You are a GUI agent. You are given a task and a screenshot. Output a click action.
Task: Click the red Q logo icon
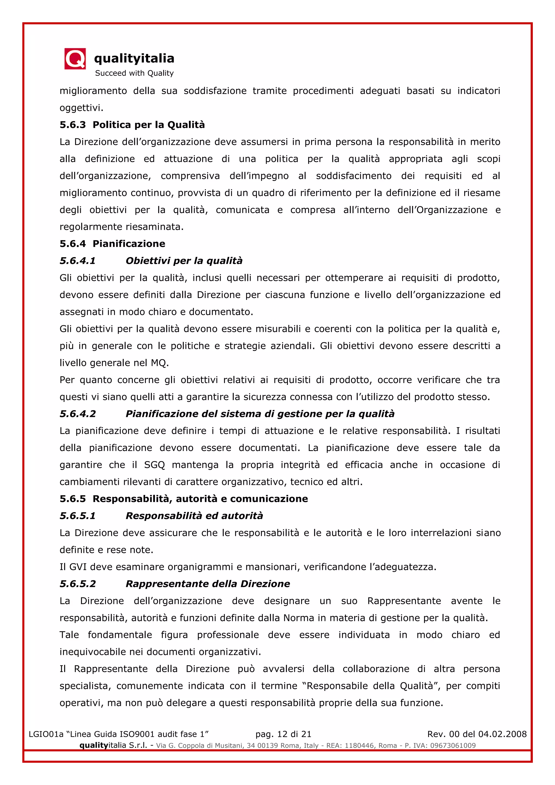coord(75,59)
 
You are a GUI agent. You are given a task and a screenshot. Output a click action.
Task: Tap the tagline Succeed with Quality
coord(134,73)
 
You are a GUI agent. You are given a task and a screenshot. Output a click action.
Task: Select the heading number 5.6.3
coord(72,125)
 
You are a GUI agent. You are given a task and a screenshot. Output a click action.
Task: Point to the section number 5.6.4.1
coord(78,261)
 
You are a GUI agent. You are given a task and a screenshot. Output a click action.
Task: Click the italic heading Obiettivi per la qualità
coord(184,261)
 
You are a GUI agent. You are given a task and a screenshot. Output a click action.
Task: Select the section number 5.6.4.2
coord(78,414)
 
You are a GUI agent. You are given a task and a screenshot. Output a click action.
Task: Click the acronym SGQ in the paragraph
coord(154,465)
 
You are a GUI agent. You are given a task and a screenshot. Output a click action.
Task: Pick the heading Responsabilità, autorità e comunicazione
coord(200,499)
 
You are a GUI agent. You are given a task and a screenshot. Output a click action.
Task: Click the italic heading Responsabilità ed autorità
coord(194,516)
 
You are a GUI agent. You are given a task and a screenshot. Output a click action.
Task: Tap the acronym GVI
coord(79,567)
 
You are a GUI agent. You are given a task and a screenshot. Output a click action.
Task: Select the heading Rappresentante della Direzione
coord(208,584)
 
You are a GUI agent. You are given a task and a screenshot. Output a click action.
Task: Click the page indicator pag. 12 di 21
coord(283,734)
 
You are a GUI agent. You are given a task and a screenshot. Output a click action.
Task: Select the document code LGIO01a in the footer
coord(46,734)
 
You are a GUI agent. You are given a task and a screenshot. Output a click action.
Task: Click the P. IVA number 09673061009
coord(453,745)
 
